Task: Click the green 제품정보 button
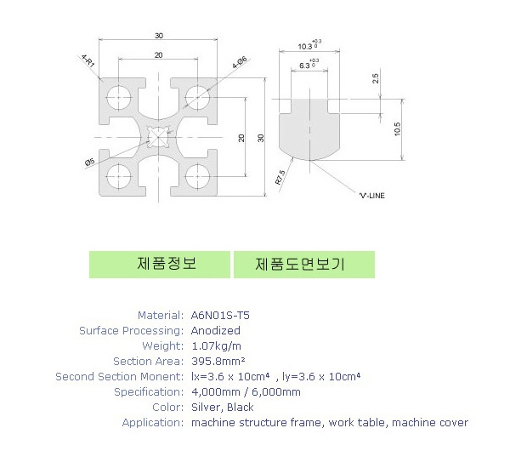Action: pyautogui.click(x=159, y=264)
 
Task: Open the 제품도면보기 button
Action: pyautogui.click(x=303, y=264)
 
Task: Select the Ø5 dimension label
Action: pyautogui.click(x=89, y=162)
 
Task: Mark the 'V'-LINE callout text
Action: pyautogui.click(x=371, y=196)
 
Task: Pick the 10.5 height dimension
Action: pyautogui.click(x=398, y=128)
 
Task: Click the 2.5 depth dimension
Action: pyautogui.click(x=376, y=78)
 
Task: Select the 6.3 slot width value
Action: pyautogui.click(x=306, y=65)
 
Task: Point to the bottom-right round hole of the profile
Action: pyautogui.click(x=196, y=177)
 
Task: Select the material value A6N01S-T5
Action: pyautogui.click(x=220, y=315)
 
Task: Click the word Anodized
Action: pyautogui.click(x=216, y=330)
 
